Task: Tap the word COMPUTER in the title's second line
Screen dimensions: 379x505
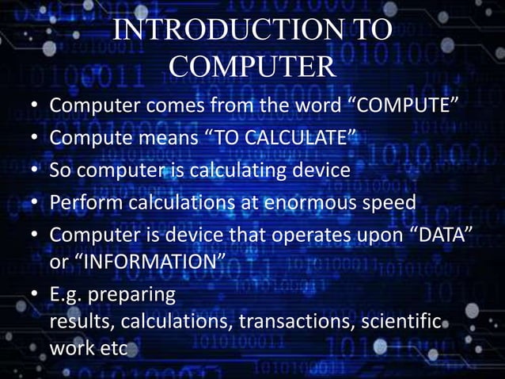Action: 252,68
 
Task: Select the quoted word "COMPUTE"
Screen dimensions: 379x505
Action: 403,107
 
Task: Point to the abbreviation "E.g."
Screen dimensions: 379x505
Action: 67,297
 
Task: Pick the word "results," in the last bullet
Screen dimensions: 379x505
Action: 82,323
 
